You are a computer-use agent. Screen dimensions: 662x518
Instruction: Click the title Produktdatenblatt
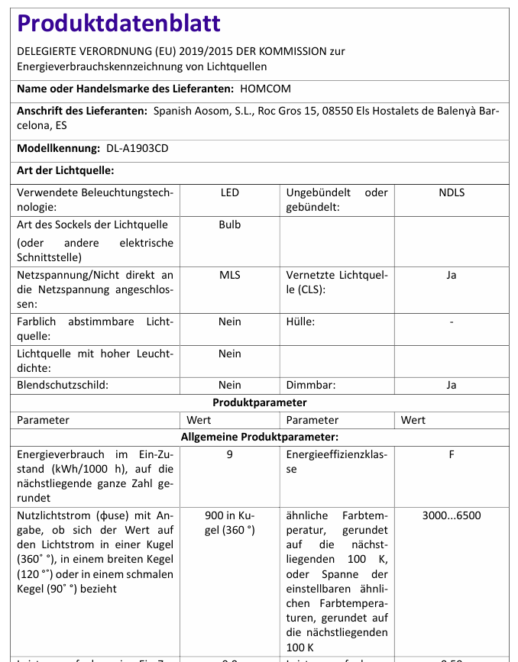pos(118,23)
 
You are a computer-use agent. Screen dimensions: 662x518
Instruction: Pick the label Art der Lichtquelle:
pos(65,170)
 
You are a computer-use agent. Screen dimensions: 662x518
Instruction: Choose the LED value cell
pos(229,192)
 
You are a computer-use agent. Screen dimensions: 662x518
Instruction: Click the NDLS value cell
pos(452,192)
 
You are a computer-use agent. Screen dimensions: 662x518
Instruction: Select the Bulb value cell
pos(229,224)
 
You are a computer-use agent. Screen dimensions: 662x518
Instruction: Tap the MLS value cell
pos(229,275)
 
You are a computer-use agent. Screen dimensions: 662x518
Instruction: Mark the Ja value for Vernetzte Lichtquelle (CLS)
pos(452,275)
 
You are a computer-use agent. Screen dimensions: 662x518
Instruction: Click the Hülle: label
pos(300,321)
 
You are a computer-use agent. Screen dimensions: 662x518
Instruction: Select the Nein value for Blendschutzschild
pos(229,385)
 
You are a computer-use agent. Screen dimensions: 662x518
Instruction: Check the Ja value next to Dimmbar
pos(452,385)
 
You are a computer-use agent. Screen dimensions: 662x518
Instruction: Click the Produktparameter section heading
pos(260,402)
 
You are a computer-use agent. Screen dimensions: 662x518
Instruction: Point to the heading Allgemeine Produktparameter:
pos(260,437)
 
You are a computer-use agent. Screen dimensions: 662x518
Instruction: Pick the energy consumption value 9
pos(229,454)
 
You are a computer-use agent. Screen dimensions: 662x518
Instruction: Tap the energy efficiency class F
pos(452,454)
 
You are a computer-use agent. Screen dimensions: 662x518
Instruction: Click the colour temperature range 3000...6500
pos(452,515)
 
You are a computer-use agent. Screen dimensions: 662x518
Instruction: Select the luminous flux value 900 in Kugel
pos(229,522)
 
